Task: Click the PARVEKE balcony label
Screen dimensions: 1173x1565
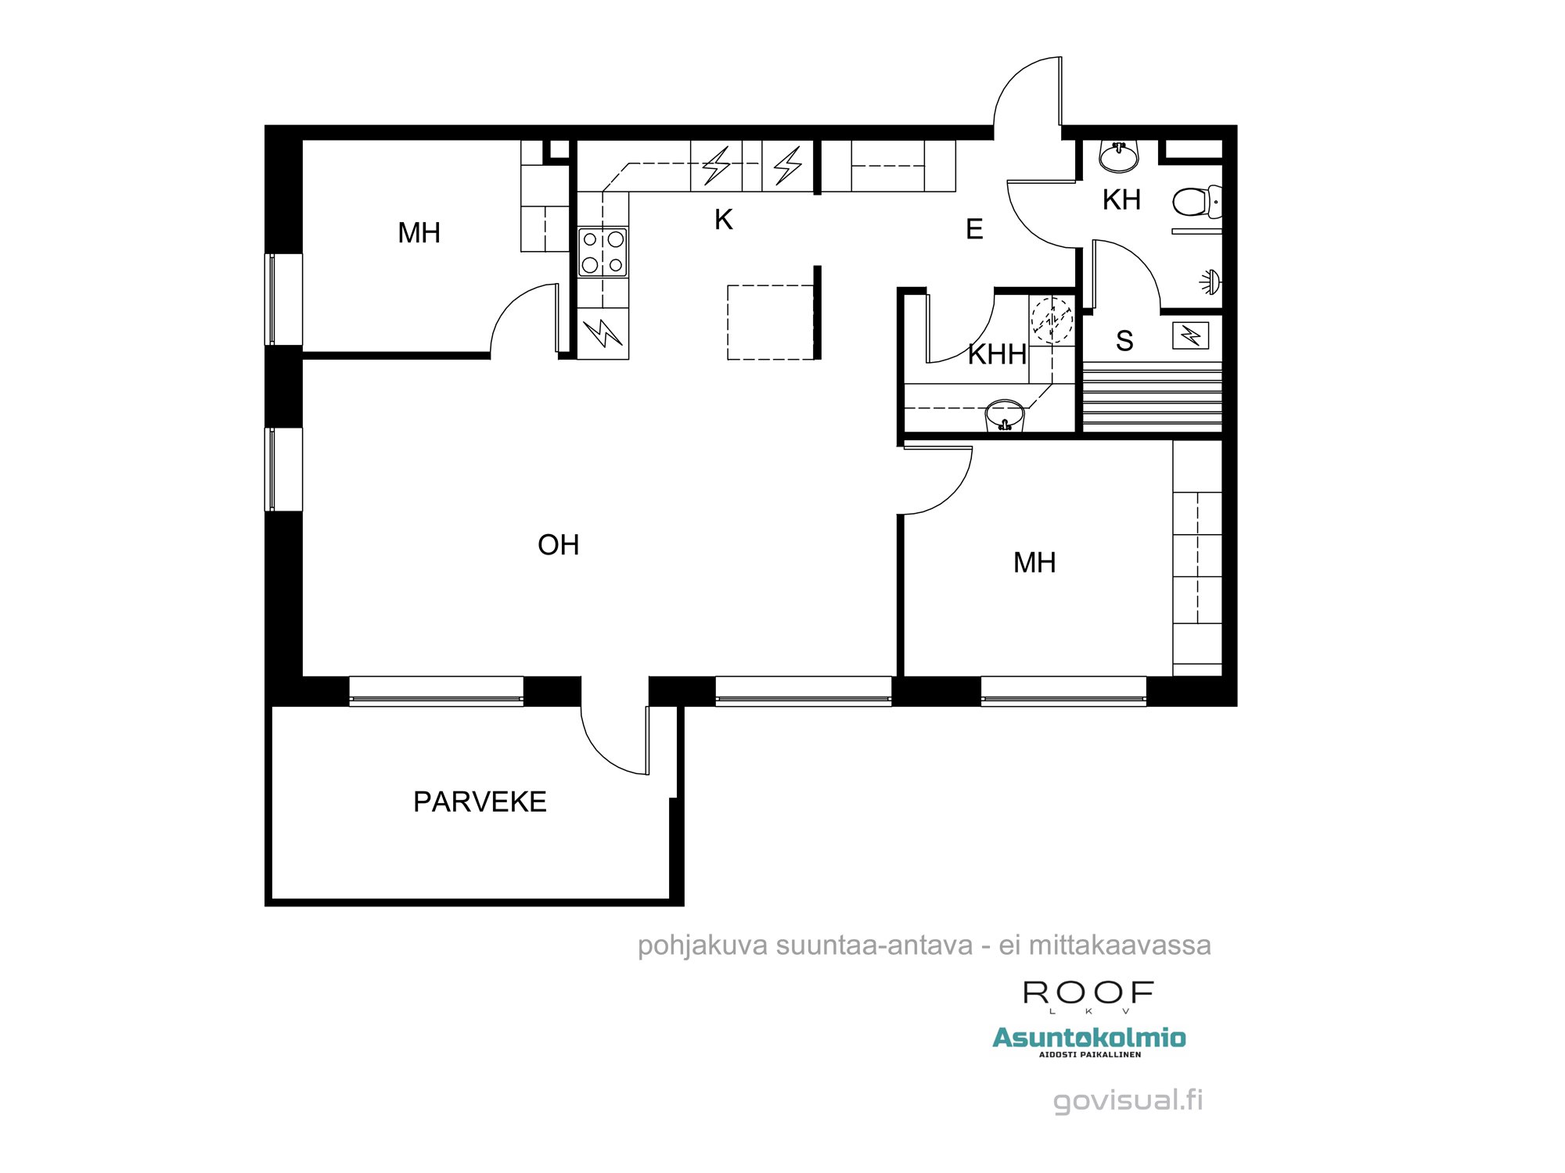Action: click(480, 802)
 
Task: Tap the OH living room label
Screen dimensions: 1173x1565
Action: click(558, 545)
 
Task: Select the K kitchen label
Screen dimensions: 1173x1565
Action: click(723, 221)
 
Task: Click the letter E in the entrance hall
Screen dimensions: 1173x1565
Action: click(974, 230)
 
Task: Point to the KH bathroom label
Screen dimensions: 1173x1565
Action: click(1121, 200)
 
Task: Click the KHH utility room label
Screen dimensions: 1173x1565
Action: click(997, 355)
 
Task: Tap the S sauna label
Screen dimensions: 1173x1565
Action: click(1124, 341)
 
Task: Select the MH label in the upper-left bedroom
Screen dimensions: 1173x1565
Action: click(419, 233)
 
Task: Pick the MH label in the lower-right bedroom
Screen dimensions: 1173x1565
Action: click(1034, 563)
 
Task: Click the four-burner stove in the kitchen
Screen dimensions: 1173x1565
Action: click(603, 252)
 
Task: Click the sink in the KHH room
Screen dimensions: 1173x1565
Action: click(1005, 415)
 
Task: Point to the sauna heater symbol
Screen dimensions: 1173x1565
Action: click(1190, 336)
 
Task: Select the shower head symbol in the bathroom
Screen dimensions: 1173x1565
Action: click(1211, 282)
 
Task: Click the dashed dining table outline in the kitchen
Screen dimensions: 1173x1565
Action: click(771, 322)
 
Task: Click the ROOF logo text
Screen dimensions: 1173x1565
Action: click(1088, 993)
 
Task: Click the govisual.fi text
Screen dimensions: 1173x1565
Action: click(1128, 1100)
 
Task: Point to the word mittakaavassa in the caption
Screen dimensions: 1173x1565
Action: click(1120, 945)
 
